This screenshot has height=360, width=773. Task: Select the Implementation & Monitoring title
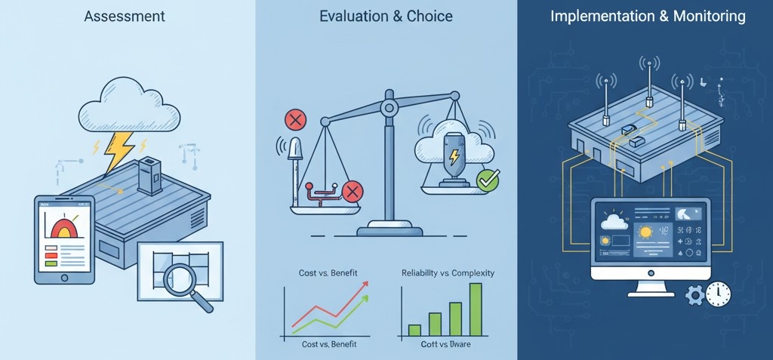(x=646, y=15)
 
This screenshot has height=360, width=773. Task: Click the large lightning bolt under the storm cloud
(x=120, y=149)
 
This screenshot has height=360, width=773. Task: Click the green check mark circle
(x=487, y=180)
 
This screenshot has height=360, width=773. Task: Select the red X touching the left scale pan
(x=351, y=191)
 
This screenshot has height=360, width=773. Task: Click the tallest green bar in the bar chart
(x=476, y=309)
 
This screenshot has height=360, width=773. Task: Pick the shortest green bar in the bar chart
(x=414, y=330)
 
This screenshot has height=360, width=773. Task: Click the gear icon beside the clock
(x=694, y=295)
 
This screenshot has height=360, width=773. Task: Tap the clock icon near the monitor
(x=718, y=294)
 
